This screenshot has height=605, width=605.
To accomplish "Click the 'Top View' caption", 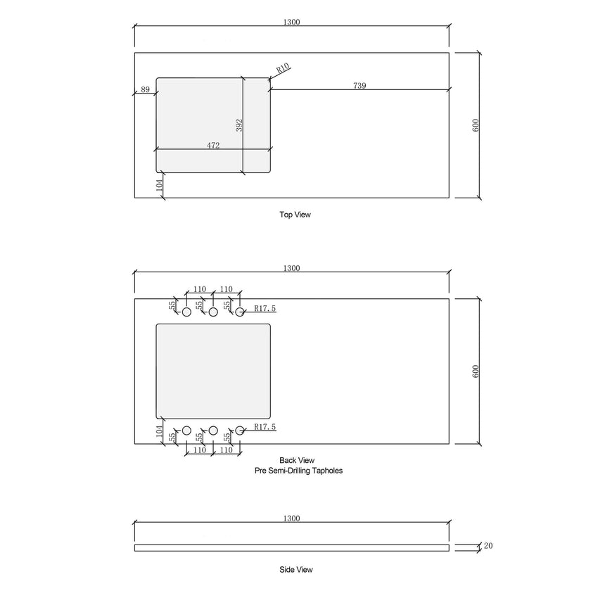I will point(295,215).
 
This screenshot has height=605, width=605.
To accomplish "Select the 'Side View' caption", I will point(295,569).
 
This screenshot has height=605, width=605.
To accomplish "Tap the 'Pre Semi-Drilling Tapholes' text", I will point(298,471).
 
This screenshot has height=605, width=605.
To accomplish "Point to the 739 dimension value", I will point(359,85).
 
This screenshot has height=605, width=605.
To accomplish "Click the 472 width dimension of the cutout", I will point(213,146).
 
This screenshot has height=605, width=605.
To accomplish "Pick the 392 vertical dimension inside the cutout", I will point(239,125).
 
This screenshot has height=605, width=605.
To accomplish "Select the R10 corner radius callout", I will point(283,68).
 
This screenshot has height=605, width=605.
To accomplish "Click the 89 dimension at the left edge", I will point(145,89).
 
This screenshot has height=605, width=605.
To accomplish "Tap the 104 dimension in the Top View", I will point(160,185).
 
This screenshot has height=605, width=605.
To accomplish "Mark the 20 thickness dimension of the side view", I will point(488,545).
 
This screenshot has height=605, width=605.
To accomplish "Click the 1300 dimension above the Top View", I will point(292,22).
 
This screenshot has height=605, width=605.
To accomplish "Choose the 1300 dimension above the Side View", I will point(292,518).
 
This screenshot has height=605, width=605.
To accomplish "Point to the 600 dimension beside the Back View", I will point(476,371).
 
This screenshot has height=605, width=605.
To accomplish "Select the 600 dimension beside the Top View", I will point(476,125).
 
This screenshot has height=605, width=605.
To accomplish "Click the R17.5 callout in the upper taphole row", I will point(265,308).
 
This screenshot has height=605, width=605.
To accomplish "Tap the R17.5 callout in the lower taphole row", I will point(265,426).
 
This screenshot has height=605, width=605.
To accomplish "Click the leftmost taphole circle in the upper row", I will point(186,312).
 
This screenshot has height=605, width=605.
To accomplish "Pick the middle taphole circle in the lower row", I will point(212,430).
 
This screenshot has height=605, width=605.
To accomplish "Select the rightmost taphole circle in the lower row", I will point(239,430).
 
